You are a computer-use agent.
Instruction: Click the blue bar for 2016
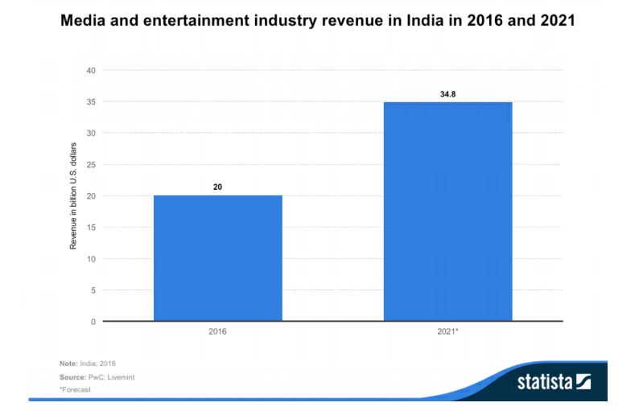tap(217, 257)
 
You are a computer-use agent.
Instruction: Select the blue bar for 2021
tap(447, 211)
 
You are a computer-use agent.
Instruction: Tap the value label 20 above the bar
tap(217, 187)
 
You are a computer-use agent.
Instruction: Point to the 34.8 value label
tap(447, 93)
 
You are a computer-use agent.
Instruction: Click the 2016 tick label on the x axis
tap(217, 331)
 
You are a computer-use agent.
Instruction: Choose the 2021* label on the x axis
tap(448, 331)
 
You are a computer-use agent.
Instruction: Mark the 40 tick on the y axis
tap(91, 71)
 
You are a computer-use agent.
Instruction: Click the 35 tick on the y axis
tap(91, 102)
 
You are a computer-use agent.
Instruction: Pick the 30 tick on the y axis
tap(91, 134)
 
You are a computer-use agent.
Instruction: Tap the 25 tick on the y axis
tap(91, 165)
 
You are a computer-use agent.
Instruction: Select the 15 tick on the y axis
tap(91, 228)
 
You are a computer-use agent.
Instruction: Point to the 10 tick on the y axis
tap(91, 259)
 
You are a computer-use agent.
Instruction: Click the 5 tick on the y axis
tap(93, 290)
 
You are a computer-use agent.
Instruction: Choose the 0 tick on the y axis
tap(93, 322)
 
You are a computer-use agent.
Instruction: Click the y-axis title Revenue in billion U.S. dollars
tap(73, 196)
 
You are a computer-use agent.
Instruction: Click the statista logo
tap(554, 380)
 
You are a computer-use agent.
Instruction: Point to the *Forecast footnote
tap(75, 389)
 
